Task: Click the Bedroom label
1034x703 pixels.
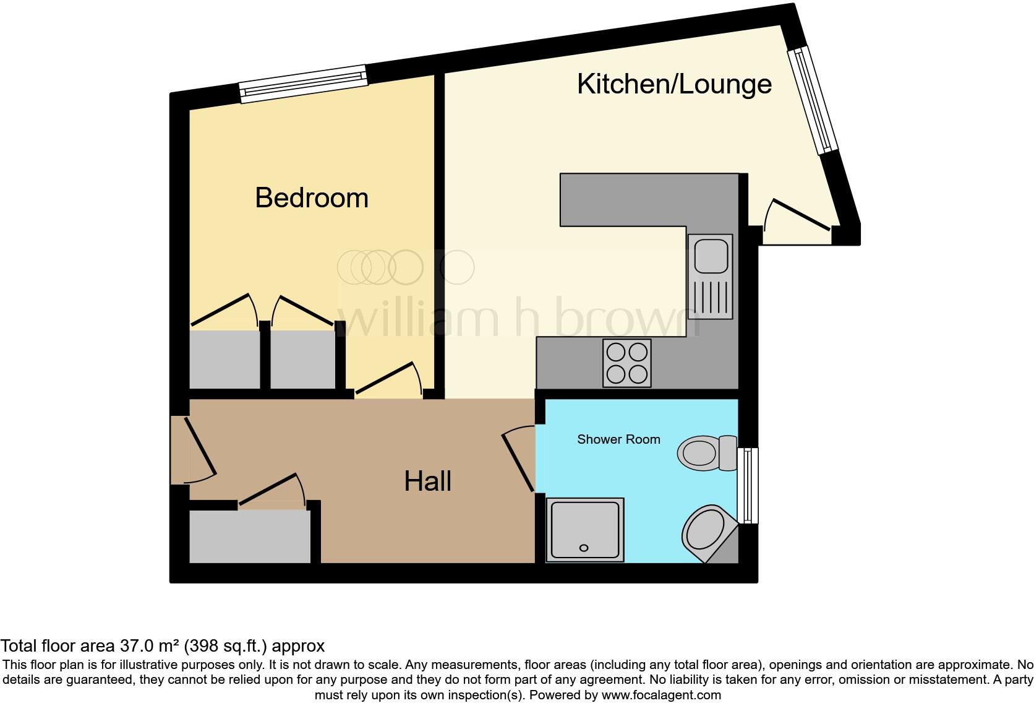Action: coord(312,198)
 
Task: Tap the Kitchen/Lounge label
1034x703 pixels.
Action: coord(674,84)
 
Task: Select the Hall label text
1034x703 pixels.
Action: coord(427,481)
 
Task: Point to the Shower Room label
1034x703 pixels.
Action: coord(618,439)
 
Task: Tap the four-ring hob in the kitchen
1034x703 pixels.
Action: coord(627,363)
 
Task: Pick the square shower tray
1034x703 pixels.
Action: coord(585,530)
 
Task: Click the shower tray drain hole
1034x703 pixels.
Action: coord(583,548)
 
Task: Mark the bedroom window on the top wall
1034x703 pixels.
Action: coord(303,85)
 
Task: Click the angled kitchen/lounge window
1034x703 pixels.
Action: coord(811,101)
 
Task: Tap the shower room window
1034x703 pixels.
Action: coord(748,485)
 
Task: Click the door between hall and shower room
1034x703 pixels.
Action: coord(518,461)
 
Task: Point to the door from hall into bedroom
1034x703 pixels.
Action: coord(387,379)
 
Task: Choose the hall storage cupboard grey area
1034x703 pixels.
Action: coord(249,536)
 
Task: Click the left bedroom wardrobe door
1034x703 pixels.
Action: coord(224,309)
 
